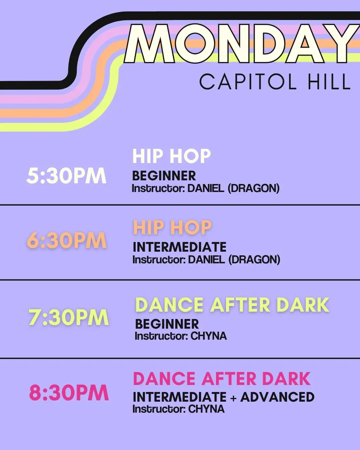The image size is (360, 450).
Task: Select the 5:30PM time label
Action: point(67,176)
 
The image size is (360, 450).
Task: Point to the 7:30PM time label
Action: point(69,317)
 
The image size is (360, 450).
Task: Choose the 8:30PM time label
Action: point(69,392)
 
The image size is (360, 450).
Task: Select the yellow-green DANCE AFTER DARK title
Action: point(232,305)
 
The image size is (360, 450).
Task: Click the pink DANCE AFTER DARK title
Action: point(222,378)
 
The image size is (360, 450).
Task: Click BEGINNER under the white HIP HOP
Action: point(164,176)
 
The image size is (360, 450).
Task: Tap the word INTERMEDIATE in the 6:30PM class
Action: point(180,247)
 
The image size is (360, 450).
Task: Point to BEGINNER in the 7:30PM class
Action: point(167,324)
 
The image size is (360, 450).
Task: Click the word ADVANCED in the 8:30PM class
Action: point(277,397)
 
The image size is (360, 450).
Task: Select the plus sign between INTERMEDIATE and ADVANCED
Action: point(233,398)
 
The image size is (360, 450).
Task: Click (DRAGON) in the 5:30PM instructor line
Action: point(254,188)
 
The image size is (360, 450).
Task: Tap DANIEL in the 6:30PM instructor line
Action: point(206,260)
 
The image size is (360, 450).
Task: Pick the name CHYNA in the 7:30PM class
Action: point(209,336)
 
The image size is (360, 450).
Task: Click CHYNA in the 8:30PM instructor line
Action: point(206,409)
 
